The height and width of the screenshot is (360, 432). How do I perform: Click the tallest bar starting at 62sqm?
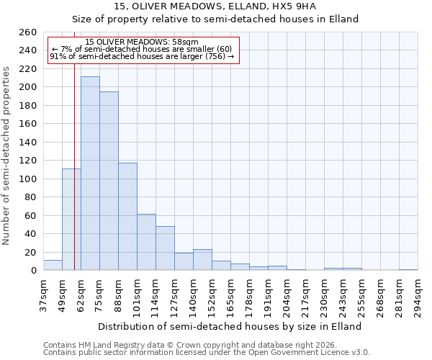point(90,174)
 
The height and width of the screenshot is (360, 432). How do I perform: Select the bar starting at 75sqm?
point(109,181)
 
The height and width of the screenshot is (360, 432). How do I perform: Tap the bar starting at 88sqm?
point(127,216)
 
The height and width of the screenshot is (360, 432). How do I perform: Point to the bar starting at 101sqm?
point(146,242)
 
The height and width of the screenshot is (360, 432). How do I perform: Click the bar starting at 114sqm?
point(165,248)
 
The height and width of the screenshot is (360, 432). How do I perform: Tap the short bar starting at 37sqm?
point(53,265)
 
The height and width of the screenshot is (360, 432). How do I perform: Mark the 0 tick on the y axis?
point(33,271)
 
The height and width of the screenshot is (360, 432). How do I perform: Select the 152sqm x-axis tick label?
point(212,295)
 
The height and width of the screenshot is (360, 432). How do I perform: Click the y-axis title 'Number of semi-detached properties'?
point(7,155)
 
